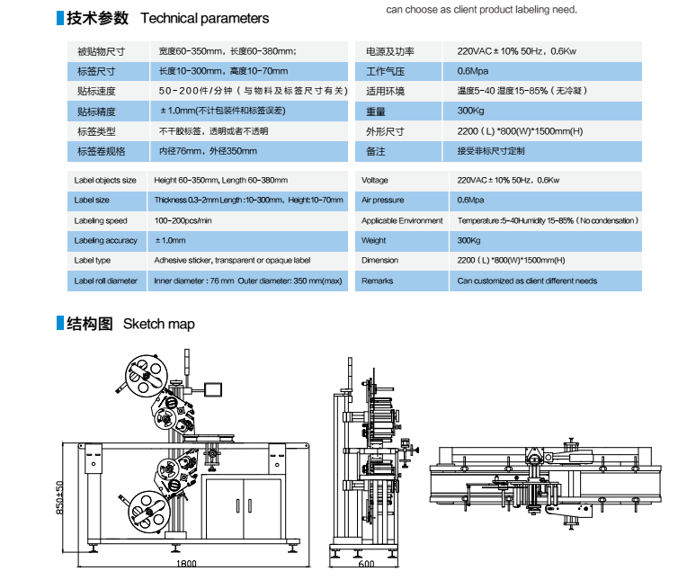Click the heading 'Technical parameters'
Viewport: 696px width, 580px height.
coord(204,18)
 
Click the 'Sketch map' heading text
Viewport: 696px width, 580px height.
coord(158,324)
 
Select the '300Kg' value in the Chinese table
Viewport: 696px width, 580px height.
coord(470,112)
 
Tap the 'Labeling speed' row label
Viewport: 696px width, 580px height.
coord(101,220)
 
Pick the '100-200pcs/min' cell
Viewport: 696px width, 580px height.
coord(183,220)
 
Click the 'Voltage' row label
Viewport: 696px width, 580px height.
coord(375,181)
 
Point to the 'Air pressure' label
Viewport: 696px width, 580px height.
coord(382,201)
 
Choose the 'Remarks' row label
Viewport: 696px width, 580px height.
coord(377,281)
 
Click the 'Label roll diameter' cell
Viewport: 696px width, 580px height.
coord(106,281)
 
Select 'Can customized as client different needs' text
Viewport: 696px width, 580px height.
coord(527,281)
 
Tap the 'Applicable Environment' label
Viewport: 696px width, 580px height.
coord(402,220)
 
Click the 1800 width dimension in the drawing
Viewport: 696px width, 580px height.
coord(186,565)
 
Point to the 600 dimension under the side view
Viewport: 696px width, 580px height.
coord(366,565)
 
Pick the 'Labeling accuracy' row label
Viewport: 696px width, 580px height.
coord(105,241)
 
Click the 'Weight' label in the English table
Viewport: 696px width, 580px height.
coord(374,241)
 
